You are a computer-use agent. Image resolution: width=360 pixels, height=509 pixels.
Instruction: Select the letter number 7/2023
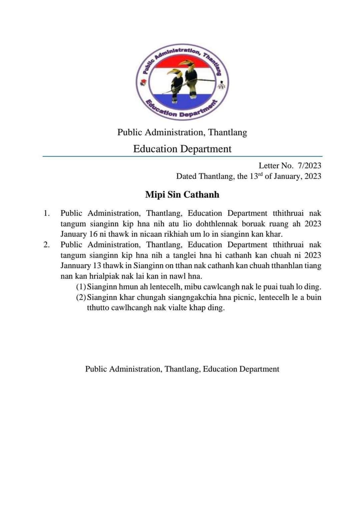click(x=310, y=165)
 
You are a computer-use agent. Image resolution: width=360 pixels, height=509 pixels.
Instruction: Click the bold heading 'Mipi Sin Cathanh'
click(x=182, y=194)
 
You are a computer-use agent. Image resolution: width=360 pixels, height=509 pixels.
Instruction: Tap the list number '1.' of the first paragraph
click(x=47, y=213)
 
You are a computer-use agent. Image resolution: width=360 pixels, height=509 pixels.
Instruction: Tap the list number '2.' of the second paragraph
click(x=47, y=245)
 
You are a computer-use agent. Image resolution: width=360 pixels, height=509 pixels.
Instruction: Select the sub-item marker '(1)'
click(x=81, y=287)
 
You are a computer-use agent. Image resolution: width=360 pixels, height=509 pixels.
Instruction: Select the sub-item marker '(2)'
click(x=81, y=297)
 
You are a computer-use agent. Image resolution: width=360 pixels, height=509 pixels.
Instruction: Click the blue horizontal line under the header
click(x=182, y=156)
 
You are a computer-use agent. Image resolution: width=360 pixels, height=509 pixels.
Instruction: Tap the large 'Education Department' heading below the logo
click(x=182, y=149)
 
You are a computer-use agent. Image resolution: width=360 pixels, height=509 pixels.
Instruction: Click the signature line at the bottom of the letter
click(x=182, y=369)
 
